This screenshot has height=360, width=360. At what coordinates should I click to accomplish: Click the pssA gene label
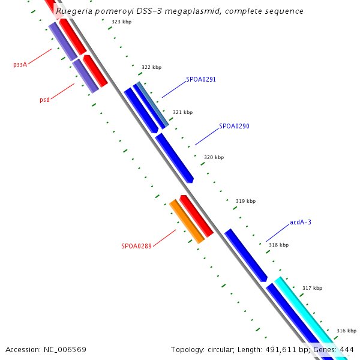(20, 64)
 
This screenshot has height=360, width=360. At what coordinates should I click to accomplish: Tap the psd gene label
(44, 100)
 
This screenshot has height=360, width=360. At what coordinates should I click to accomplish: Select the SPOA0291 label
(200, 79)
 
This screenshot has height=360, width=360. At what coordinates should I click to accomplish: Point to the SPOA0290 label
(234, 127)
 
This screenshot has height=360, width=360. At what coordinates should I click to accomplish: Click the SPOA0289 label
(136, 246)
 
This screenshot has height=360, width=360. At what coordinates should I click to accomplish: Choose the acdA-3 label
(301, 223)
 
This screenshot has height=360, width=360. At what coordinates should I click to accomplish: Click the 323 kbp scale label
(121, 22)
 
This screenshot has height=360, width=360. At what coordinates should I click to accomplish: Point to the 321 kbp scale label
(182, 112)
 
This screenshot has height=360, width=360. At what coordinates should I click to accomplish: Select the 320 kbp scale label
(214, 157)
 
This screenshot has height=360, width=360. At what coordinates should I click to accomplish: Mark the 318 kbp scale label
(278, 245)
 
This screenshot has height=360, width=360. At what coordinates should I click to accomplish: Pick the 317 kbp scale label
(312, 288)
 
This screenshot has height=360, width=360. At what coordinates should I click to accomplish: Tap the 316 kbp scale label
(346, 331)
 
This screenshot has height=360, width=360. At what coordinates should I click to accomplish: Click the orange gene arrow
(187, 221)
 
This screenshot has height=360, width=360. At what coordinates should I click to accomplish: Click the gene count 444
(347, 349)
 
